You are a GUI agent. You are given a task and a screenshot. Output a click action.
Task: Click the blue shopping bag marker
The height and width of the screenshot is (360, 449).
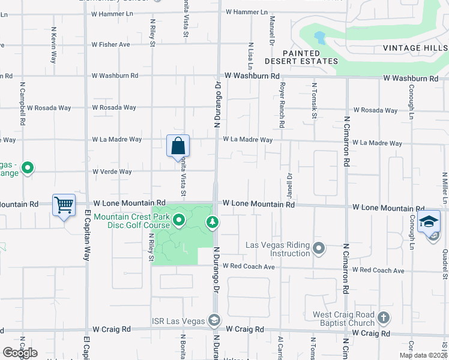coord(178,145)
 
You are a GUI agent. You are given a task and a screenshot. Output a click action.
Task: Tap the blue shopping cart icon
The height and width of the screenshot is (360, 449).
coord(64,205)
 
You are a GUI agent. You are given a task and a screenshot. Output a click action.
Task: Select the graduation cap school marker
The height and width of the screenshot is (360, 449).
coord(429,221)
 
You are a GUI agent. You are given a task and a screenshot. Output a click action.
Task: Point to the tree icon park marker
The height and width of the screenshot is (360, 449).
coord(212,223)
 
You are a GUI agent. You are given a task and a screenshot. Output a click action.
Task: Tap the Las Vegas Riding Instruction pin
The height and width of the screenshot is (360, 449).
coord(319,247)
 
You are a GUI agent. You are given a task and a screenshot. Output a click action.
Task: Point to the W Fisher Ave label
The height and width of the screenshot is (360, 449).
coord(111,44)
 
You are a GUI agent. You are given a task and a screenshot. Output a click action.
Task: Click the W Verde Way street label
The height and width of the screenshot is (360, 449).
coord(112,172)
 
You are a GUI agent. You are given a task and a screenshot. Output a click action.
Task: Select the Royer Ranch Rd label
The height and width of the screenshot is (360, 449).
coord(281,105)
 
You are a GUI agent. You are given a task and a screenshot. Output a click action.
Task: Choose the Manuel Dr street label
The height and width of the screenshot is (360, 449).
coord(271,34)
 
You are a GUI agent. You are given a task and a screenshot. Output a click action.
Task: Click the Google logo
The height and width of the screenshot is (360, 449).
coord(20,353)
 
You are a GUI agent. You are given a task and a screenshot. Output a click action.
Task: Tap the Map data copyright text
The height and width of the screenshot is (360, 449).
coord(423,355)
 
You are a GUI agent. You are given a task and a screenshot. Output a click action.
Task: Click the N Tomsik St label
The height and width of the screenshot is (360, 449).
coord(314,101)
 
